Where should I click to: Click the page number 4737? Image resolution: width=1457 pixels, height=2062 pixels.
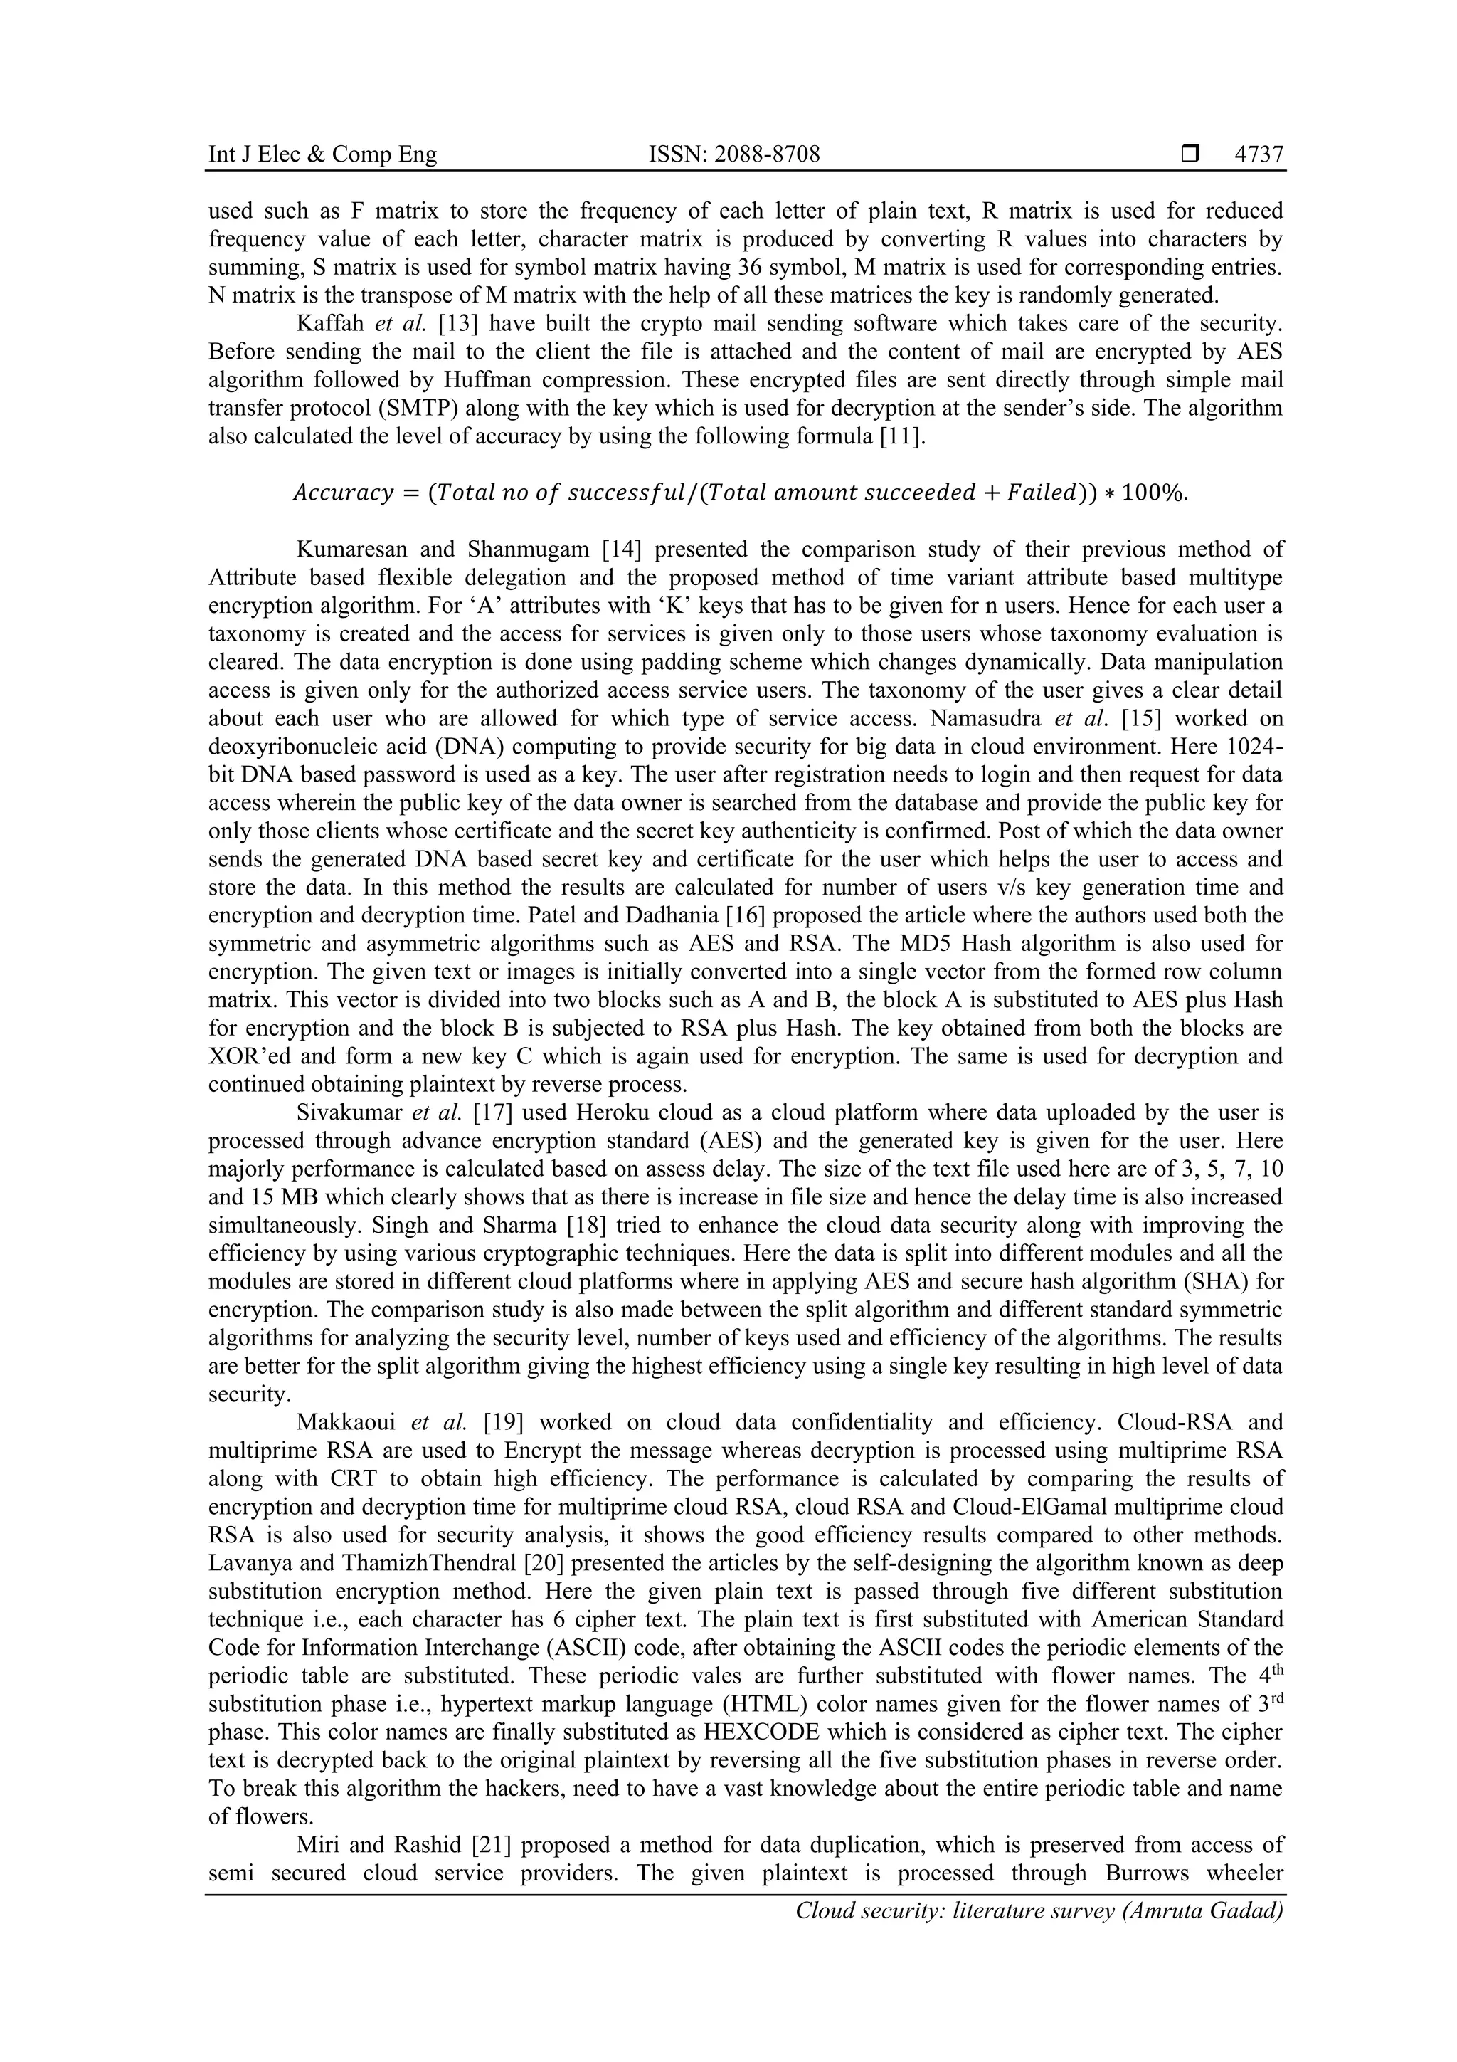pos(1259,154)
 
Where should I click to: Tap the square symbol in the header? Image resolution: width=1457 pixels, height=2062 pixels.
pos(1190,154)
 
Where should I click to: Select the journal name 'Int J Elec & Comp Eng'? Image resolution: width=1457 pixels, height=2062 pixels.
pos(322,154)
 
